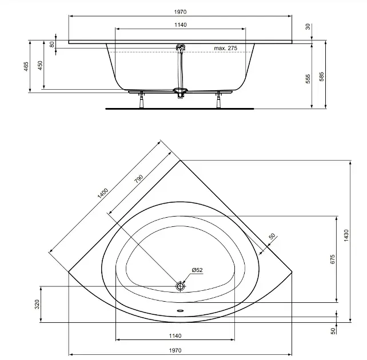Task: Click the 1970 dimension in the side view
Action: (x=180, y=12)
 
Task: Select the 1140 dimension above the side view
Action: (x=181, y=25)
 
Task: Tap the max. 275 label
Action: (x=225, y=48)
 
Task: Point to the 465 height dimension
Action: (x=26, y=66)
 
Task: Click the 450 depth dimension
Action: (x=40, y=66)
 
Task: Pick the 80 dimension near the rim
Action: (x=52, y=44)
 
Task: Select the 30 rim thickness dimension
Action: (x=308, y=27)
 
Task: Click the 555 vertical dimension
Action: (x=308, y=79)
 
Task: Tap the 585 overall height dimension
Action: (x=322, y=77)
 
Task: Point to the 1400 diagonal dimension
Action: (x=103, y=193)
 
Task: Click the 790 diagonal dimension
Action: (x=138, y=179)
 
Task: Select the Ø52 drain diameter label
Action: (x=197, y=270)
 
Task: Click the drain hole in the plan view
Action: (x=180, y=286)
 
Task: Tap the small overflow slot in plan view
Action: (x=181, y=311)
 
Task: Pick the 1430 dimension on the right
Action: (x=346, y=235)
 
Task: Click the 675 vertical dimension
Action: (x=333, y=259)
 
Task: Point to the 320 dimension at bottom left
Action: (x=37, y=305)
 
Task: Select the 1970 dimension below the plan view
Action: (x=175, y=350)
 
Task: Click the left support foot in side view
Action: (x=142, y=100)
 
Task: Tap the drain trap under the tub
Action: (x=180, y=93)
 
